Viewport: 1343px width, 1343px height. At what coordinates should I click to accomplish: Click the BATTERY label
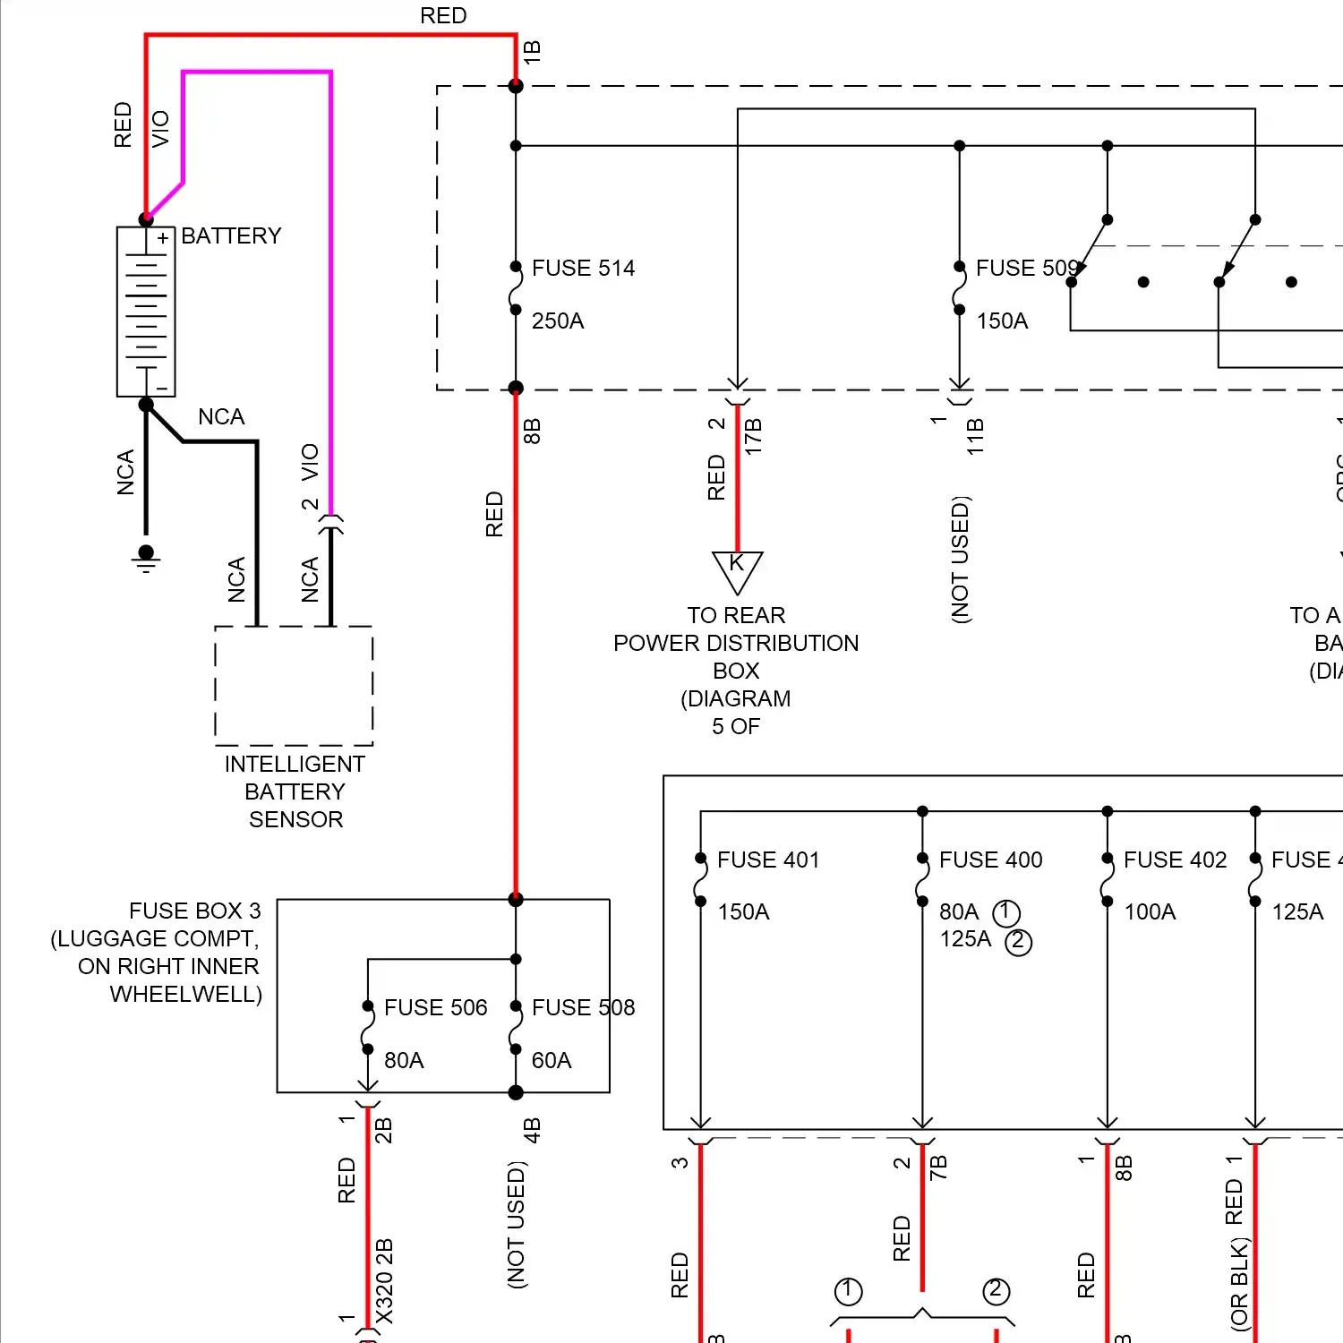[231, 235]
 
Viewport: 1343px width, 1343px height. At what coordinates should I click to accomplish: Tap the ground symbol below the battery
[147, 558]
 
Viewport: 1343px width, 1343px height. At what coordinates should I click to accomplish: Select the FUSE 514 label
[583, 268]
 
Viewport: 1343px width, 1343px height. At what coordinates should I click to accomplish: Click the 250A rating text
[558, 321]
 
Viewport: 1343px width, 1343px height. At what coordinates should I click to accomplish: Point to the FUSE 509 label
[1026, 268]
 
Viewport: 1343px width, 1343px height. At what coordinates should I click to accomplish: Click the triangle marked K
[737, 569]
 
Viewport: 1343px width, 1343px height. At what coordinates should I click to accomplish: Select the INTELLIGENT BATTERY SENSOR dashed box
[294, 685]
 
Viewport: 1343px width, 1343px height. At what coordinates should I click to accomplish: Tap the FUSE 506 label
[435, 1007]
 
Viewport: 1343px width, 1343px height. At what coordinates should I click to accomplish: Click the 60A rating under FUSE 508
[552, 1060]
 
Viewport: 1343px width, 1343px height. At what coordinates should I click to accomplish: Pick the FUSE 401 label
[768, 860]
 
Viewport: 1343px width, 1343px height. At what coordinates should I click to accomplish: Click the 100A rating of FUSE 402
[1150, 911]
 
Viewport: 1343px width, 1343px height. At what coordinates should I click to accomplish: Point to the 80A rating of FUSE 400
[959, 911]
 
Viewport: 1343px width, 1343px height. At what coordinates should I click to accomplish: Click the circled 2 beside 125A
[1018, 941]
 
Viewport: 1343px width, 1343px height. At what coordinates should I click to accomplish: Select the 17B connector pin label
[753, 436]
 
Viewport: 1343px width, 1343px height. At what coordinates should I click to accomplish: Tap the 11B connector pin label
[975, 436]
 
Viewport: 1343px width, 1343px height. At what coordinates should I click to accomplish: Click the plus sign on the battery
[163, 239]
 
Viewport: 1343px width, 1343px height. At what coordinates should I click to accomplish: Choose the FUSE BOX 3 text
[194, 911]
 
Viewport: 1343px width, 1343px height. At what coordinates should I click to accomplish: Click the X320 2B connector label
[384, 1280]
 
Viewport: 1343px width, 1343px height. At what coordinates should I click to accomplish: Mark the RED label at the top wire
[443, 15]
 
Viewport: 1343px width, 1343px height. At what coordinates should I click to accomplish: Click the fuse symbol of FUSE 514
[516, 288]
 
